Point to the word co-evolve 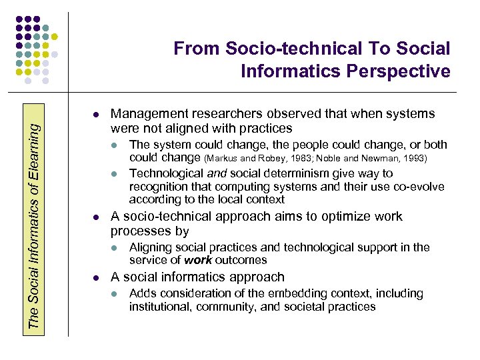[x=419, y=187]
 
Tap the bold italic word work [x=198, y=260]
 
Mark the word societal [x=309, y=307]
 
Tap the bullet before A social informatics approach [x=97, y=277]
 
